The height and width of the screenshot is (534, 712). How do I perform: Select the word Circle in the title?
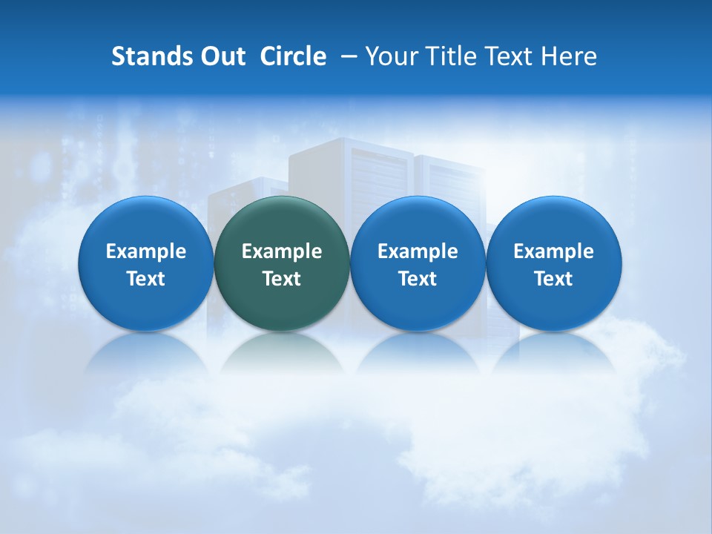pos(293,56)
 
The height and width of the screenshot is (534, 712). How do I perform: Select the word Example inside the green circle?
pos(282,251)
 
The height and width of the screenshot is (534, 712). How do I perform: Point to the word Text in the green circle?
pos(282,279)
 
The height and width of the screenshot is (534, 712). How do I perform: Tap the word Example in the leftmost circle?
pos(146,251)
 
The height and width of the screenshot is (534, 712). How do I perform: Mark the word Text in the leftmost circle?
pos(146,279)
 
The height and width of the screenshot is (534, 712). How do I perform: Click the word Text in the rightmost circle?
pos(554,279)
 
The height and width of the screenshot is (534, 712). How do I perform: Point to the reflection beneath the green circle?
pos(282,352)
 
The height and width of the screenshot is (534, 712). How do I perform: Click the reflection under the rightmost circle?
pos(554,352)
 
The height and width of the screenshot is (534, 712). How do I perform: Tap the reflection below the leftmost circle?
pos(146,352)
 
